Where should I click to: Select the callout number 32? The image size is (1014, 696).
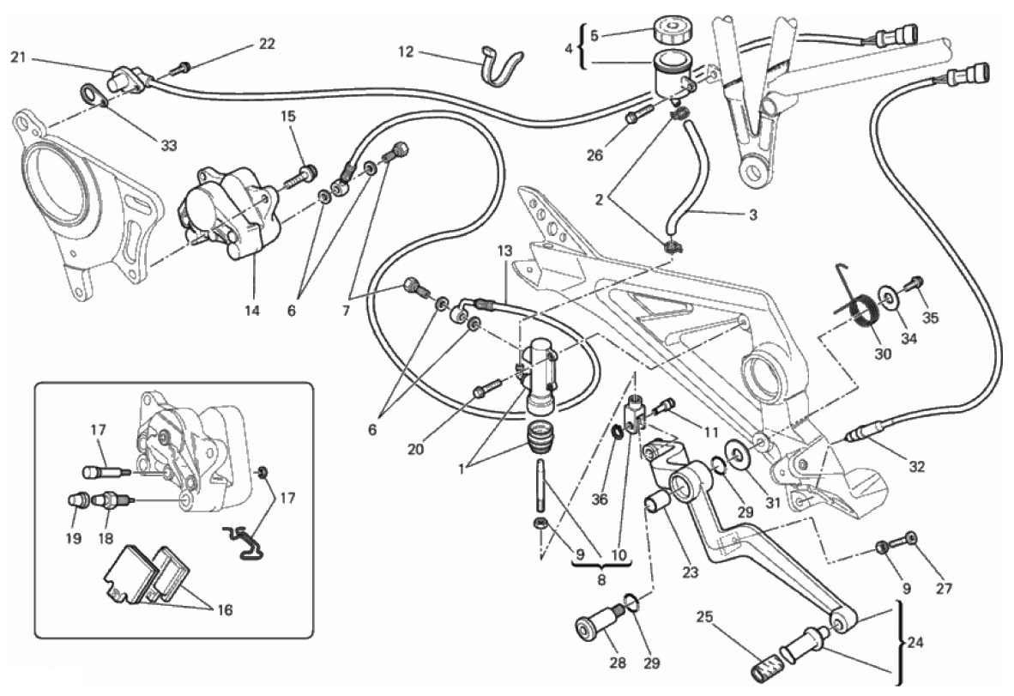point(917,467)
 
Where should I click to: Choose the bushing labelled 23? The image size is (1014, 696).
point(660,501)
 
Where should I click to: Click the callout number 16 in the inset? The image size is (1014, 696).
point(225,610)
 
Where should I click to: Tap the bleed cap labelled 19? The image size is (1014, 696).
point(75,499)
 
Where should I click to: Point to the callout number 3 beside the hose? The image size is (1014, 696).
point(752,215)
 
